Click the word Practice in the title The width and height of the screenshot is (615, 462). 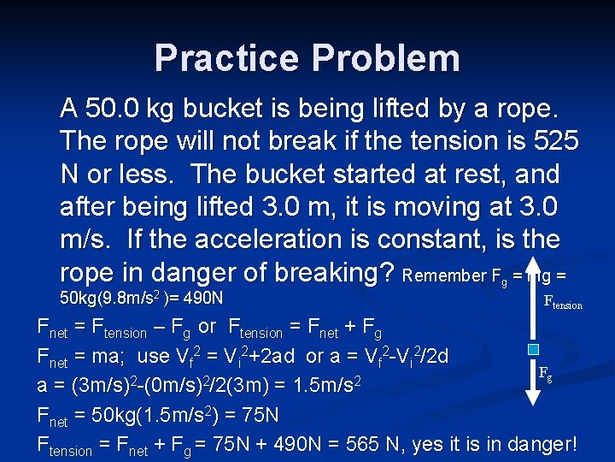tap(228, 58)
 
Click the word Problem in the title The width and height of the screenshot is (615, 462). tap(389, 58)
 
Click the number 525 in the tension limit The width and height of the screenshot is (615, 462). tap(556, 140)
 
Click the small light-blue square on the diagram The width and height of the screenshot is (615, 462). tap(534, 350)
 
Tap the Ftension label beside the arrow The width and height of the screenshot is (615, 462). tap(563, 302)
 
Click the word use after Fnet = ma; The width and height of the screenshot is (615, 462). tap(153, 355)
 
